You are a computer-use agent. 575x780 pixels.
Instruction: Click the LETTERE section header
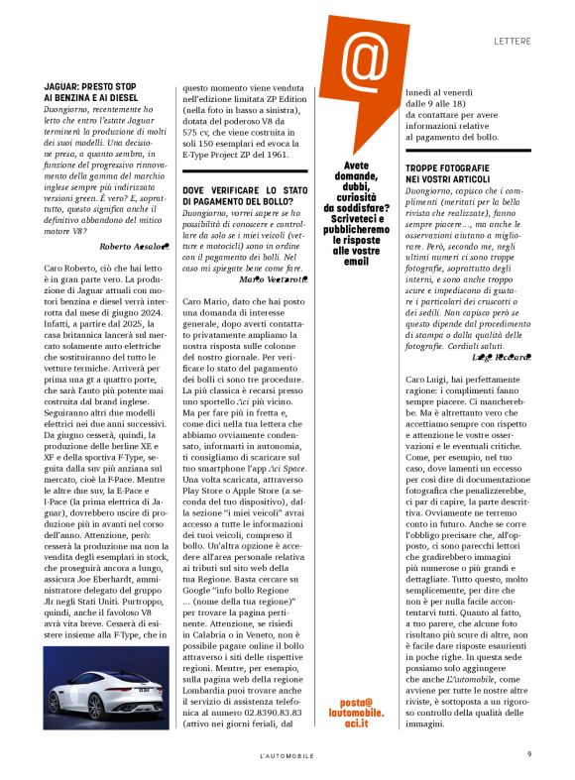tap(514, 42)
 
